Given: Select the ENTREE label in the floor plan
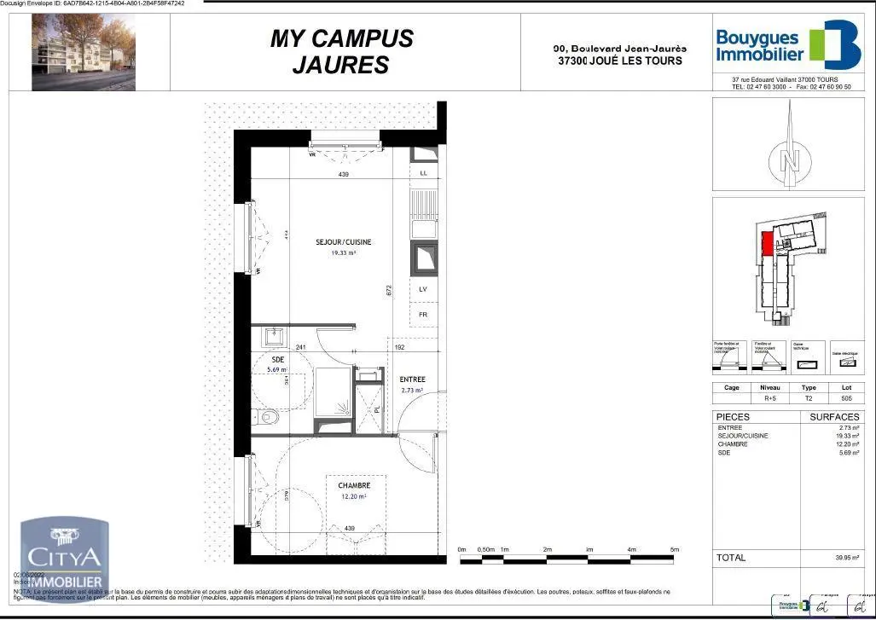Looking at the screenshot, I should pyautogui.click(x=413, y=380).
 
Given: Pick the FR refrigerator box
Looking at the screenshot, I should pyautogui.click(x=423, y=314).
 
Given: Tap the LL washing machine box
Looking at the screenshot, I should pyautogui.click(x=424, y=174).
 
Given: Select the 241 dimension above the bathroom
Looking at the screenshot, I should pyautogui.click(x=301, y=347).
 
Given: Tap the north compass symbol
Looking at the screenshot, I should pyautogui.click(x=790, y=158).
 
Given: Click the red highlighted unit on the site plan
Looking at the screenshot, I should pyautogui.click(x=767, y=246).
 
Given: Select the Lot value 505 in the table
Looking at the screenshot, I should pyautogui.click(x=846, y=397).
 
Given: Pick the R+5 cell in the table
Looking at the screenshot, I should pyautogui.click(x=769, y=397).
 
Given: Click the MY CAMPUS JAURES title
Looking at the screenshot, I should pyautogui.click(x=341, y=51).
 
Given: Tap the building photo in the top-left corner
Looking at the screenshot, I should pyautogui.click(x=83, y=53).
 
